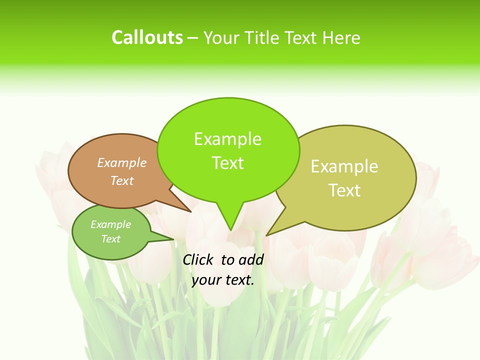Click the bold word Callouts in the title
[147, 37]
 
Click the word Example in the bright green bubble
[227, 139]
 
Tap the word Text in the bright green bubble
[227, 163]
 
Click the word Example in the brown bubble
[122, 162]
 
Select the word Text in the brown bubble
[122, 180]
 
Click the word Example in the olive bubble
[344, 166]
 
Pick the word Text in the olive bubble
[344, 190]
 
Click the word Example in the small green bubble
[110, 224]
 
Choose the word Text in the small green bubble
[110, 239]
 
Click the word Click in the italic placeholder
[199, 259]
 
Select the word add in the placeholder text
[251, 259]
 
